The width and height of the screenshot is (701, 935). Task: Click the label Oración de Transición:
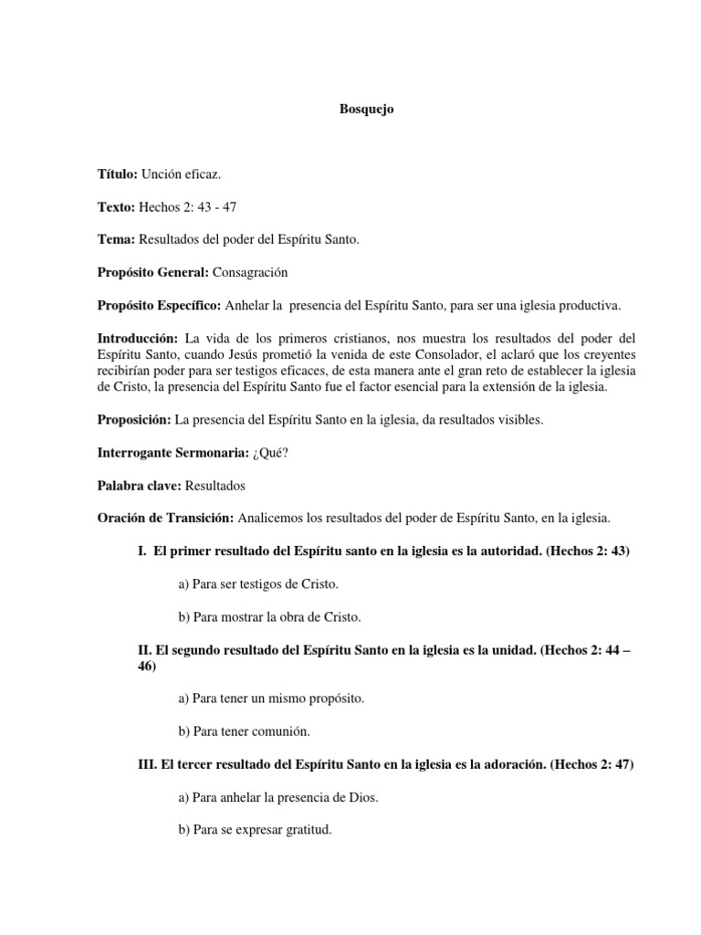pos(165,518)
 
